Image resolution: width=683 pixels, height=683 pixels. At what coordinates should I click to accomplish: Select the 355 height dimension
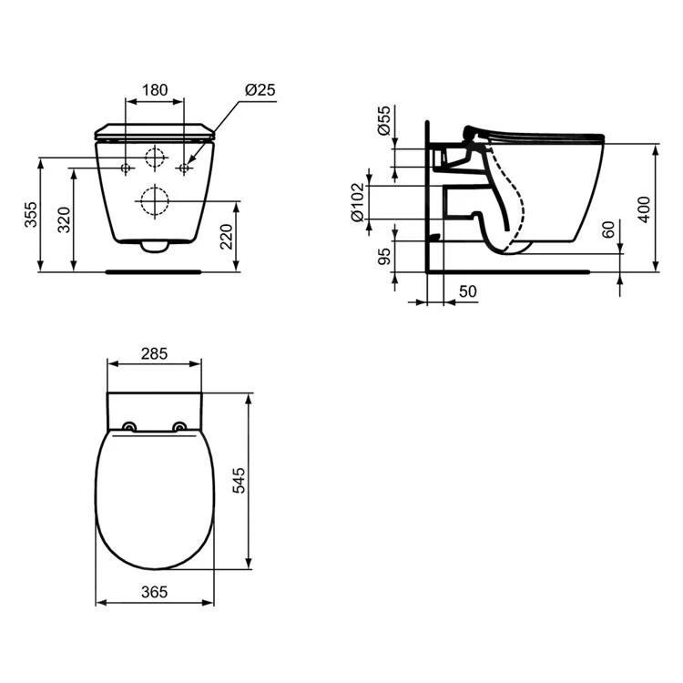coord(31,215)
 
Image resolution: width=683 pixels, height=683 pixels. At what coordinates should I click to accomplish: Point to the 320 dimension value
coord(64,219)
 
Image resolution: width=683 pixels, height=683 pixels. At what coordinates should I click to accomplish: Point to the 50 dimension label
coord(467,291)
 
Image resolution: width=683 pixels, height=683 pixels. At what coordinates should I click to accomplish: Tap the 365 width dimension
coord(154,592)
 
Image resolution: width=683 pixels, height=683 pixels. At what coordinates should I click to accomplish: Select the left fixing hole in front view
coord(125,168)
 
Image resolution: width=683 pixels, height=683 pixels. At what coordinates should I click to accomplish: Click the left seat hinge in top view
coord(128,427)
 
